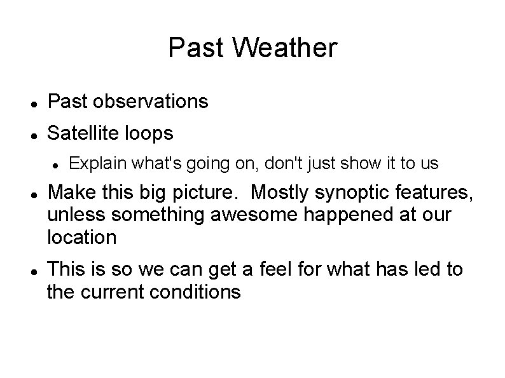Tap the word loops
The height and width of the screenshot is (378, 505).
tap(149, 134)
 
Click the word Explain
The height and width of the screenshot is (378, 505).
tap(93, 164)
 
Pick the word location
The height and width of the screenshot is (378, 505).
tap(82, 238)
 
